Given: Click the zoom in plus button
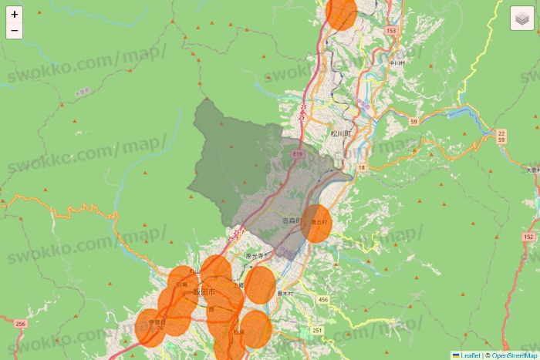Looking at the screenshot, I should point(15,15).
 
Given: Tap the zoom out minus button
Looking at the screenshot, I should point(15,32).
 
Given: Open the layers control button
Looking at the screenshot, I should point(522,19).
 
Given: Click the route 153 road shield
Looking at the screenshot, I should point(390,31).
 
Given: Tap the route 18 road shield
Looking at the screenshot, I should point(361,167).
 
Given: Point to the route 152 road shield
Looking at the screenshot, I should point(528,237).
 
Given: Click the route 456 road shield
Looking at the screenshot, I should point(322,299).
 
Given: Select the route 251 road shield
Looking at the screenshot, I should point(317,330).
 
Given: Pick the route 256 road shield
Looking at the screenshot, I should point(21,324).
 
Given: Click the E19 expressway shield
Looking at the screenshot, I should point(297,154).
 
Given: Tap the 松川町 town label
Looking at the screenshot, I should point(340,133).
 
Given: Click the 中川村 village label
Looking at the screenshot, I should point(397,62).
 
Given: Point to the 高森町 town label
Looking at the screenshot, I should point(292,221).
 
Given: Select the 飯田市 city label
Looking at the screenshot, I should point(206,292).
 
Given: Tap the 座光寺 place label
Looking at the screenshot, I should point(255,256).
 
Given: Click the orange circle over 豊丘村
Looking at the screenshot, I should point(316,224).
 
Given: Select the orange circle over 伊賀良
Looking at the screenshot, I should point(151,327).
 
